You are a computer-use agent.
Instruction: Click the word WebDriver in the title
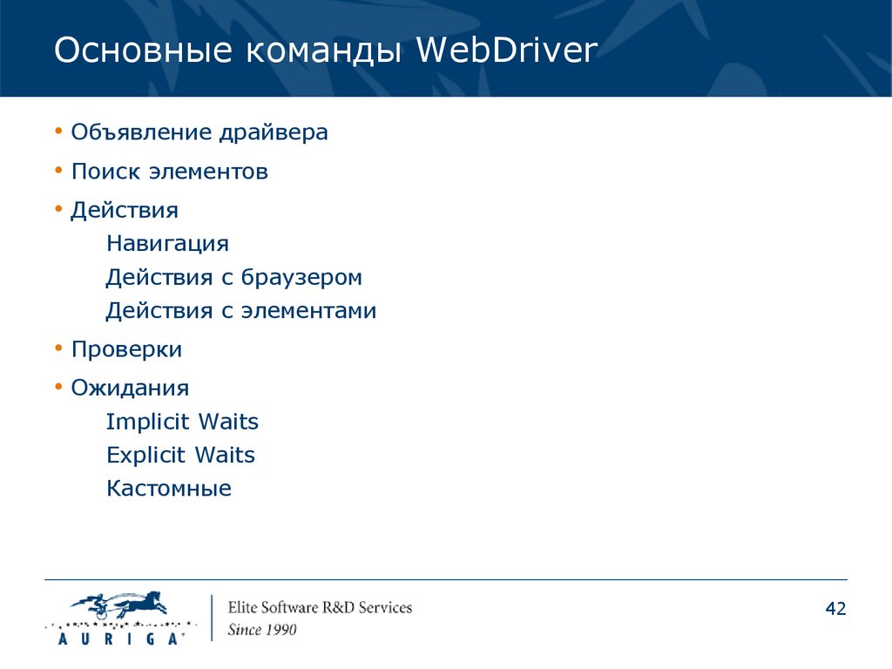click(x=506, y=50)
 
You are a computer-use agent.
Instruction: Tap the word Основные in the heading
click(x=144, y=50)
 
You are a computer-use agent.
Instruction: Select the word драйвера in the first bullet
click(x=274, y=132)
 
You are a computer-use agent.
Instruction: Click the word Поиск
click(x=105, y=172)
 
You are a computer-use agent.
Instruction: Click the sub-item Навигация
click(x=168, y=244)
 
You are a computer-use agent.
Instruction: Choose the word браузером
click(x=301, y=277)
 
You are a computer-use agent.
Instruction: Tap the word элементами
click(x=308, y=311)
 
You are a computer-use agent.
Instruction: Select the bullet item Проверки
click(x=126, y=350)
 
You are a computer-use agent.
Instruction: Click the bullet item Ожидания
click(x=130, y=389)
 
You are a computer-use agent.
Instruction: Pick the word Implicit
click(x=147, y=422)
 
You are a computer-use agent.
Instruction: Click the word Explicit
click(x=145, y=455)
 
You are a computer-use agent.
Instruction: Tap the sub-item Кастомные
click(x=169, y=489)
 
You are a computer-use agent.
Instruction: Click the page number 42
click(x=835, y=609)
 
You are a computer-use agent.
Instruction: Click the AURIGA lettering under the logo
click(x=119, y=639)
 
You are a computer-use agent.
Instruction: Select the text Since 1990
click(x=262, y=630)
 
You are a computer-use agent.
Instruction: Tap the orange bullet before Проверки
click(x=58, y=348)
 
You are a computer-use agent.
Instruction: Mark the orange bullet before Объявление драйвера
click(x=58, y=132)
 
